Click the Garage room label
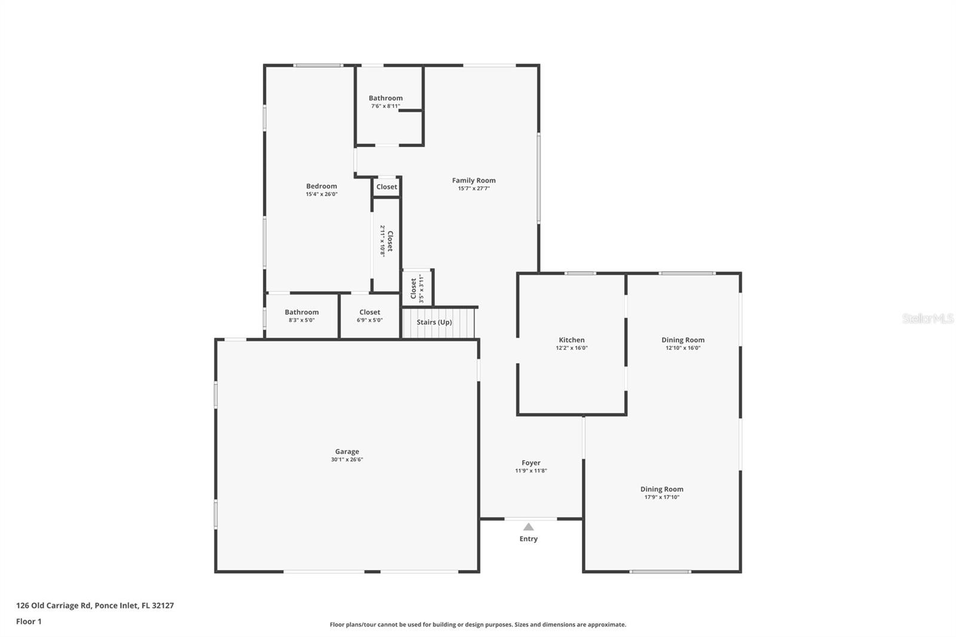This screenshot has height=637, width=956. pyautogui.click(x=347, y=452)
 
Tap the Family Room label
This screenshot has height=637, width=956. pyautogui.click(x=473, y=180)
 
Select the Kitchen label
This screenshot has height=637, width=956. pyautogui.click(x=571, y=340)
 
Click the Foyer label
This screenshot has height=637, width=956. pyautogui.click(x=531, y=463)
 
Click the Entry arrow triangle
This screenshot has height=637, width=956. pyautogui.click(x=528, y=526)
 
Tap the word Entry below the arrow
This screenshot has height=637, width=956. pyautogui.click(x=528, y=539)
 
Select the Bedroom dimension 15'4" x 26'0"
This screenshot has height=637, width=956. pyautogui.click(x=321, y=194)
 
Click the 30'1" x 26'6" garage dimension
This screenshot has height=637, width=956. pyautogui.click(x=347, y=460)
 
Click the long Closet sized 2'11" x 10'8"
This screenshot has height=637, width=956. pyautogui.click(x=387, y=241)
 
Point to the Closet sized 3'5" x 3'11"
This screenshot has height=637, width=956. pyautogui.click(x=416, y=289)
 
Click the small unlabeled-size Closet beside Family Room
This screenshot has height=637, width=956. pyautogui.click(x=386, y=187)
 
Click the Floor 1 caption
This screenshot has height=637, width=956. pyautogui.click(x=29, y=621)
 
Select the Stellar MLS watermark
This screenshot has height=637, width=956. pyautogui.click(x=927, y=318)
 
